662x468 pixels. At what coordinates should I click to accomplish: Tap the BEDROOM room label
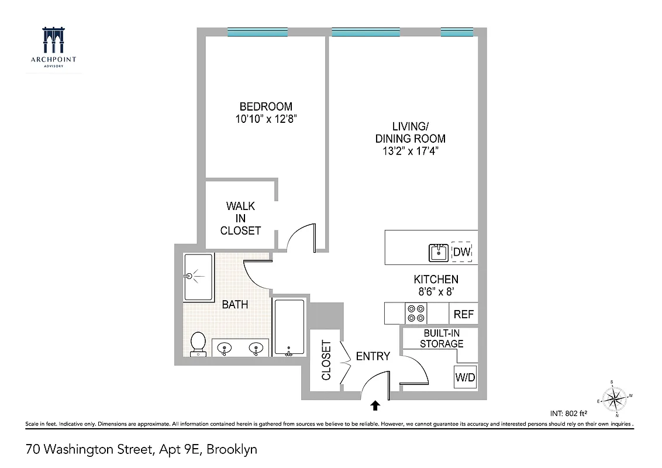point(266,106)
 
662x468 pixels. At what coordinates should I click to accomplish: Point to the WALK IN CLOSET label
point(240,218)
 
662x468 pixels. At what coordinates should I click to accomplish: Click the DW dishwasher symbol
point(461,252)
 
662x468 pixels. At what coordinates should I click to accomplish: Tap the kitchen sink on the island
point(439,253)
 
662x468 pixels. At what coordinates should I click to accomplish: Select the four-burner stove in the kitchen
point(416,314)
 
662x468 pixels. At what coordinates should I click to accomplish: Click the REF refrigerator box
point(464,314)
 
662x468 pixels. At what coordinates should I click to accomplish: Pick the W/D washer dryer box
point(466,377)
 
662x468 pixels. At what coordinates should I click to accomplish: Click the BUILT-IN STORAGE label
point(442,338)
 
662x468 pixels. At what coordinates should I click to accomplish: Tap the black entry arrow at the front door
point(375,404)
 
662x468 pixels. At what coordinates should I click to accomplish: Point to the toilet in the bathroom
point(198,343)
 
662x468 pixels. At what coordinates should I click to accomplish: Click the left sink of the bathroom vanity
point(225,349)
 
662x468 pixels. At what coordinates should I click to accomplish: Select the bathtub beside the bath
point(289,328)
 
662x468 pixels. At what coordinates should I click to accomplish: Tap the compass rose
point(613,400)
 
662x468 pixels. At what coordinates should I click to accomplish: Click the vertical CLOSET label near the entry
point(326,361)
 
